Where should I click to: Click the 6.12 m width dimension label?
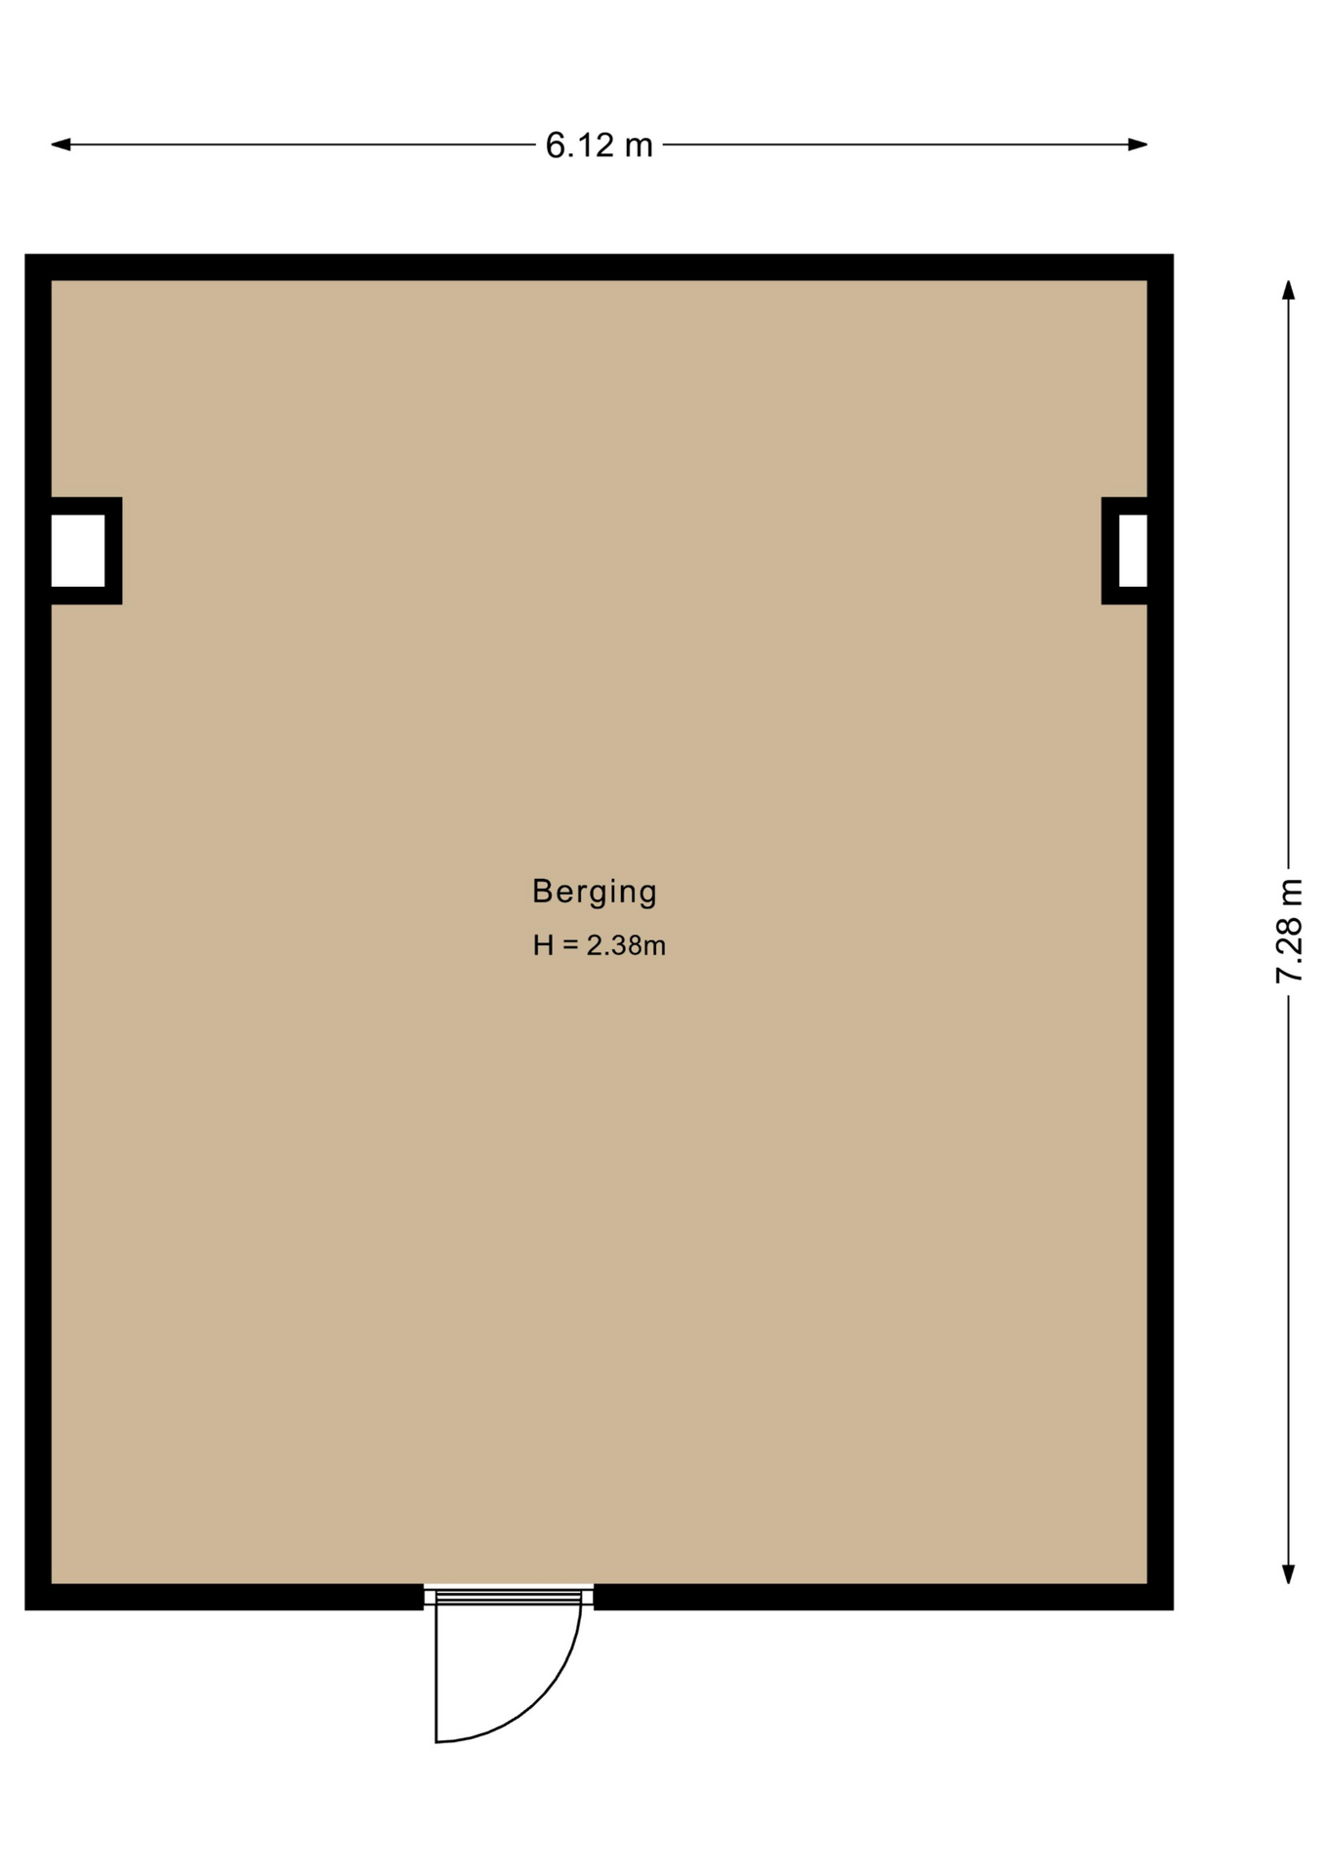599,146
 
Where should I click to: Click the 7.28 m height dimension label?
1289,931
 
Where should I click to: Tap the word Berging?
595,892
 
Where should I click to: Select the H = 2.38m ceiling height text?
599,945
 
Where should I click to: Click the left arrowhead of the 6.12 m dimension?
61,145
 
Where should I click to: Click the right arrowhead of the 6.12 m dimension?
1138,145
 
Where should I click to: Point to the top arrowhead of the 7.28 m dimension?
1289,290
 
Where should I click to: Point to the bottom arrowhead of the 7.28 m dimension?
1289,1573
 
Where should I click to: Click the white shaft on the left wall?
78,551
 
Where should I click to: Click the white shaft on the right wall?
1133,551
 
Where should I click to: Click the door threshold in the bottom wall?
509,1597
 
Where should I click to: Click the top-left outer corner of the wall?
25,255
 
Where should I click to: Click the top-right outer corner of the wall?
1173,255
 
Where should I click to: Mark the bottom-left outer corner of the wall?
25,1608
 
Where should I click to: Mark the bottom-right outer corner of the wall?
1173,1608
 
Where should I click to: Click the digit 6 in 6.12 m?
555,146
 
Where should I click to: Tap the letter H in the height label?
543,945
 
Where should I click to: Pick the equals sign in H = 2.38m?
570,945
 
